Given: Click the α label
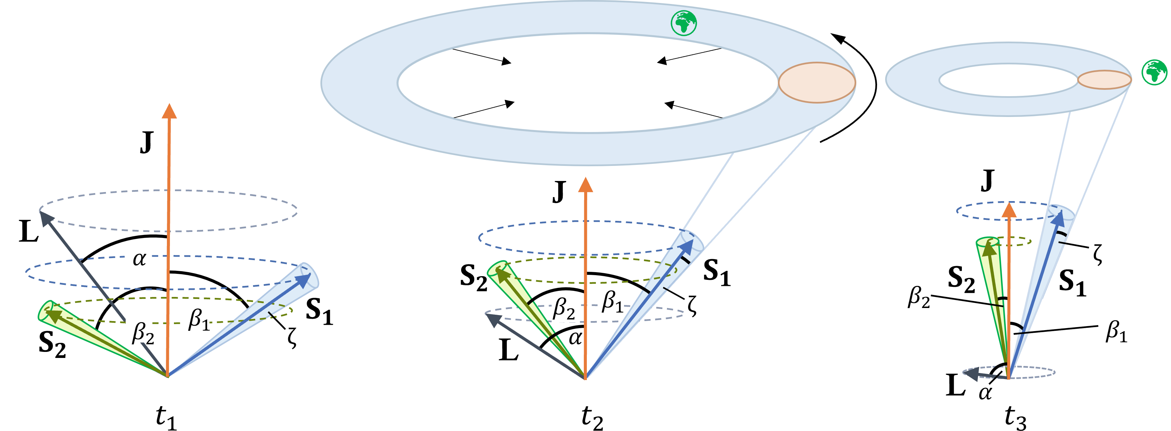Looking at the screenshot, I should click(138, 255).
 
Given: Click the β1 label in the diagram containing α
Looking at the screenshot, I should click(197, 317).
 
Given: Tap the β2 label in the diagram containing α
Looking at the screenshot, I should click(139, 330).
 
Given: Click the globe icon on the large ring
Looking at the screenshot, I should click(684, 23).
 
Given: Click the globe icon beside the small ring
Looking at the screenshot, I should click(1155, 72).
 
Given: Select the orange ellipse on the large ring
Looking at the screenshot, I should click(817, 82).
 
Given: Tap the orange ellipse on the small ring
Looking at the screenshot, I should click(1104, 79).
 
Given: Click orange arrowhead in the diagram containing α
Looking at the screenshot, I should click(169, 111).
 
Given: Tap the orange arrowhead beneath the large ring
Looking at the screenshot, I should click(585, 185).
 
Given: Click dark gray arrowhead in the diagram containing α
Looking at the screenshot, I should click(46, 218).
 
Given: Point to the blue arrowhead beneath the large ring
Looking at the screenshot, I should click(687, 246).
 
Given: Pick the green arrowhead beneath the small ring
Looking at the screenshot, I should click(987, 247).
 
